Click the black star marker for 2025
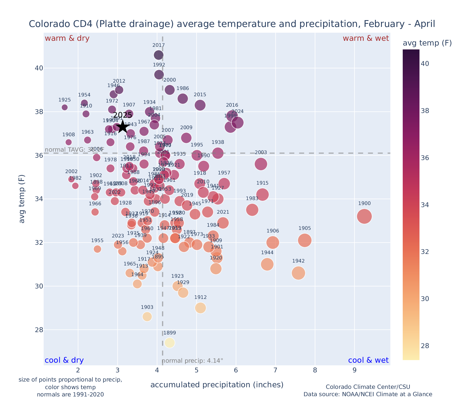click(123, 127)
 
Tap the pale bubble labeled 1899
click(170, 343)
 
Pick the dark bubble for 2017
click(159, 55)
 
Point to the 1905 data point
click(305, 240)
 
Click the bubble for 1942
click(298, 273)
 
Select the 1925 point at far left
click(65, 107)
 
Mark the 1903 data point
click(147, 316)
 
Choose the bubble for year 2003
click(261, 164)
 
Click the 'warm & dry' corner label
click(67, 38)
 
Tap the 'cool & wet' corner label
click(368, 360)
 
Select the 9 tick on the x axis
click(354, 371)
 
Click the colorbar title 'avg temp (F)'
click(427, 43)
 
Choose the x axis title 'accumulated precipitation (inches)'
click(217, 385)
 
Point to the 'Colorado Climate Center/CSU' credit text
click(368, 387)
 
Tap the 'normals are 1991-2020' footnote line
click(70, 394)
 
